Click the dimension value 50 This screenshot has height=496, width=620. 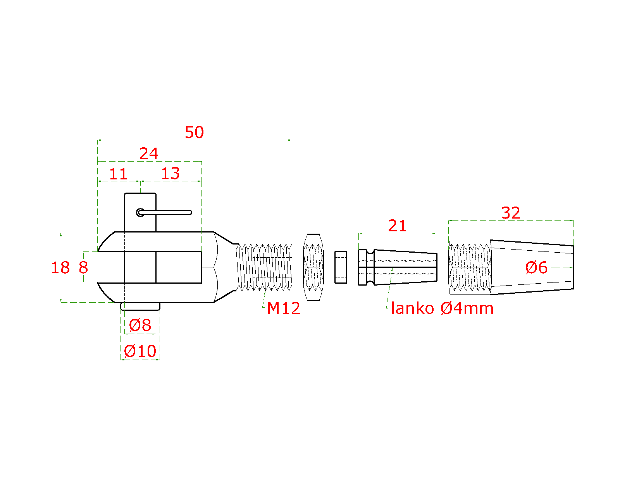pos(194,133)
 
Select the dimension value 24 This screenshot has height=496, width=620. pos(149,154)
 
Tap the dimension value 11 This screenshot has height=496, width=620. pos(118,174)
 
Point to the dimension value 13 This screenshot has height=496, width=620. pos(170,174)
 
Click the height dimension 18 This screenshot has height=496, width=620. pos(60,268)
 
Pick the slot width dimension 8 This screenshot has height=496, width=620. pos(83,268)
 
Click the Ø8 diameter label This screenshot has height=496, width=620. pos(140,325)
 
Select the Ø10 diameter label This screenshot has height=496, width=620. pos(140,351)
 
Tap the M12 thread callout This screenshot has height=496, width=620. pos(284,308)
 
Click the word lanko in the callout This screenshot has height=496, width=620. pos(412,308)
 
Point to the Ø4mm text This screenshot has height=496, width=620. pos(467,308)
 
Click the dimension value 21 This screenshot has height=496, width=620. pos(397,226)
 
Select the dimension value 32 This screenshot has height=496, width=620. pos(510,213)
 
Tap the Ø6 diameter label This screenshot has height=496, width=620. pos(536,268)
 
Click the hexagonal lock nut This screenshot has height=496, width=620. pos(313,267)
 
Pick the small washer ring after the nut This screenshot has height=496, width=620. pos(341,267)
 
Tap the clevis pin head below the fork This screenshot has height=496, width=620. pos(140,307)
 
